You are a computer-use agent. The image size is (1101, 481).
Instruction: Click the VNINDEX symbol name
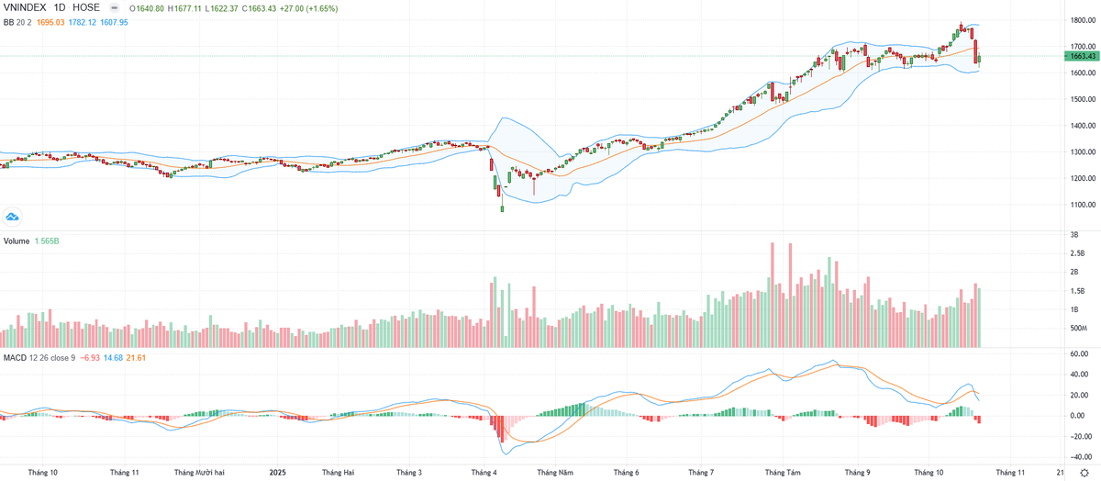point(24,6)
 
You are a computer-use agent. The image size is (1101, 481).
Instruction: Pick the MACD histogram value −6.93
point(90,357)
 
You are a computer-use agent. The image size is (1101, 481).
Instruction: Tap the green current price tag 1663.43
point(1083,57)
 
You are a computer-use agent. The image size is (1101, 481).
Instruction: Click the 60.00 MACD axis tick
point(1079,353)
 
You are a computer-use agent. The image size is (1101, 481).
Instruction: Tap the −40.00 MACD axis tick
point(1079,456)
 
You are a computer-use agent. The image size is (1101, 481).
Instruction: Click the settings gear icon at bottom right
point(1083,472)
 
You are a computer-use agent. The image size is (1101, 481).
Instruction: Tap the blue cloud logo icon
point(13,217)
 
